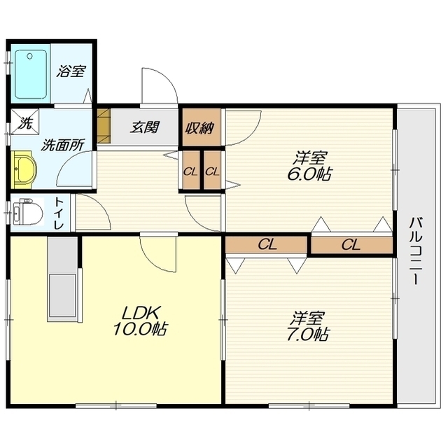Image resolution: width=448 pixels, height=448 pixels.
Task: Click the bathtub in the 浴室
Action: pos(31,75)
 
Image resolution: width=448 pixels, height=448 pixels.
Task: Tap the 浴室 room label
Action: pos(71,71)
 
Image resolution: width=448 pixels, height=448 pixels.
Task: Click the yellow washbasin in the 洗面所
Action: pos(23,169)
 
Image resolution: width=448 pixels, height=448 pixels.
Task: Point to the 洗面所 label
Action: pos(62,145)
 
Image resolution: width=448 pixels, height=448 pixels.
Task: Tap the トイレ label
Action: pos(59,213)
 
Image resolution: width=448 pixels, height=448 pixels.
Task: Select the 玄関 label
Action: pos(144,127)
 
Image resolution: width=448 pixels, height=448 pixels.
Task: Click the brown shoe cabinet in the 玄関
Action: pos(104,126)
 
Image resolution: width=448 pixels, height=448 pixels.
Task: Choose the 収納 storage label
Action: pos(199,128)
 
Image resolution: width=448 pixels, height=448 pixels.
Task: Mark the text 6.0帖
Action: pos(309,174)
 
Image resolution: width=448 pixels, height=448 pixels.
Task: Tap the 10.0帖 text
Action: pos(140,328)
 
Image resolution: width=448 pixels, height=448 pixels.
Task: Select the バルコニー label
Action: pos(416,251)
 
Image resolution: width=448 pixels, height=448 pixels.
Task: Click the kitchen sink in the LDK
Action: pos(62,294)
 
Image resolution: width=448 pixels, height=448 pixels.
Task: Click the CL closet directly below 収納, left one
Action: pos(190,171)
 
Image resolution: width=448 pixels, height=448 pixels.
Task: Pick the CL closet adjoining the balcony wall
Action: pos(351,245)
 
